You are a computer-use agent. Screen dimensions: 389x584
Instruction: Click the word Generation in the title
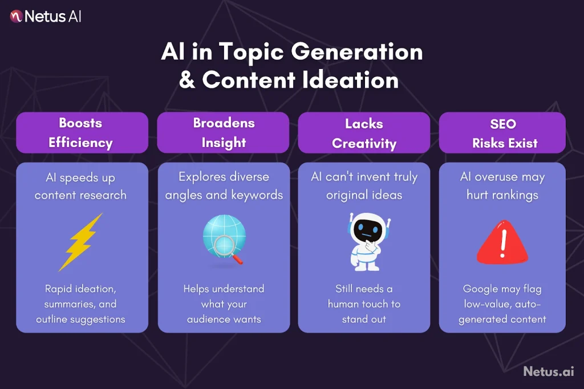[x=358, y=52]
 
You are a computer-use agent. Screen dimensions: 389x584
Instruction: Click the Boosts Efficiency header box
[x=81, y=132]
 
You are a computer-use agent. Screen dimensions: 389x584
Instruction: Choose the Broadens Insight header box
[x=224, y=132]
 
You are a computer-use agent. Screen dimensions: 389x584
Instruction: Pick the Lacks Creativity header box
[x=364, y=132]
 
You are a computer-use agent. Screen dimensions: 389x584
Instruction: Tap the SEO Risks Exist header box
[x=502, y=132]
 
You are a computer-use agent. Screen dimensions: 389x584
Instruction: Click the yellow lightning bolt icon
[x=81, y=242]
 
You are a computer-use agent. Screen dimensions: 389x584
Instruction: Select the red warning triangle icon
[x=502, y=242]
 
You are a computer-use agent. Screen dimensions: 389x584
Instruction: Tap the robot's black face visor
[x=364, y=229]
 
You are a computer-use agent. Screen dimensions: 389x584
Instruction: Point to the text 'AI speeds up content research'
[x=80, y=186]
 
